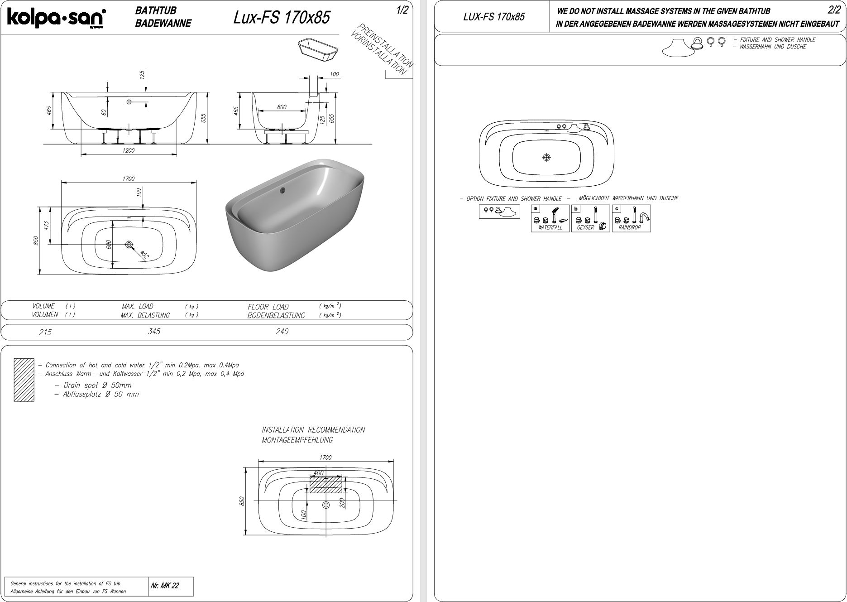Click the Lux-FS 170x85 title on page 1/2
(x=282, y=17)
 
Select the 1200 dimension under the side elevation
(x=128, y=150)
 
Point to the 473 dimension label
(x=46, y=226)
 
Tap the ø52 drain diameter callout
(x=144, y=255)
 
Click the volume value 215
(x=45, y=332)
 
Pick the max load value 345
(x=154, y=332)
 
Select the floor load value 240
(x=282, y=332)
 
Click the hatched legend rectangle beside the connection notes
(x=24, y=380)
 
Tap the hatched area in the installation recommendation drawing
(x=326, y=485)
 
